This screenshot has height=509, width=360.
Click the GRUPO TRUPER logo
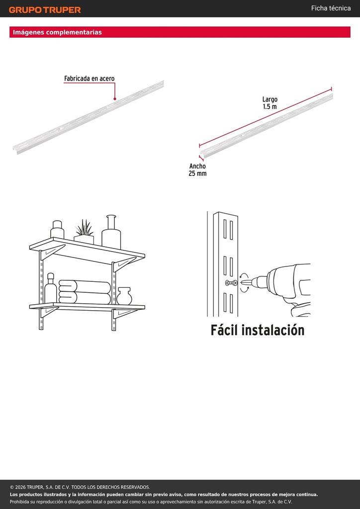45,10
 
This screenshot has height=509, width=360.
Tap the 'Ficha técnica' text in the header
331,8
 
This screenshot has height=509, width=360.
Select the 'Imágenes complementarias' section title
58,32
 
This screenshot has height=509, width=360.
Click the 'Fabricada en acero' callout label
90,79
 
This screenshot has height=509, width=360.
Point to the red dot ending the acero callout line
114,99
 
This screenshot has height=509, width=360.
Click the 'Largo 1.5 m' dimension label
270,103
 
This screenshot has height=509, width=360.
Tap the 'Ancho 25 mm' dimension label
197,170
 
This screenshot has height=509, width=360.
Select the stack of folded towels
85,292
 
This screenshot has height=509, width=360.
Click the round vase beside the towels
124,296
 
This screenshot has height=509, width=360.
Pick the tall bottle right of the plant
111,232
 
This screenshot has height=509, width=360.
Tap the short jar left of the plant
57,229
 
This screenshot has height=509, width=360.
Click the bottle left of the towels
50,288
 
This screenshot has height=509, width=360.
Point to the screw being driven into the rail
231,283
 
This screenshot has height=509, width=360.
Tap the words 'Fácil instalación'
258,330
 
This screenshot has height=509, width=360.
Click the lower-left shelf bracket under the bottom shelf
49,312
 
